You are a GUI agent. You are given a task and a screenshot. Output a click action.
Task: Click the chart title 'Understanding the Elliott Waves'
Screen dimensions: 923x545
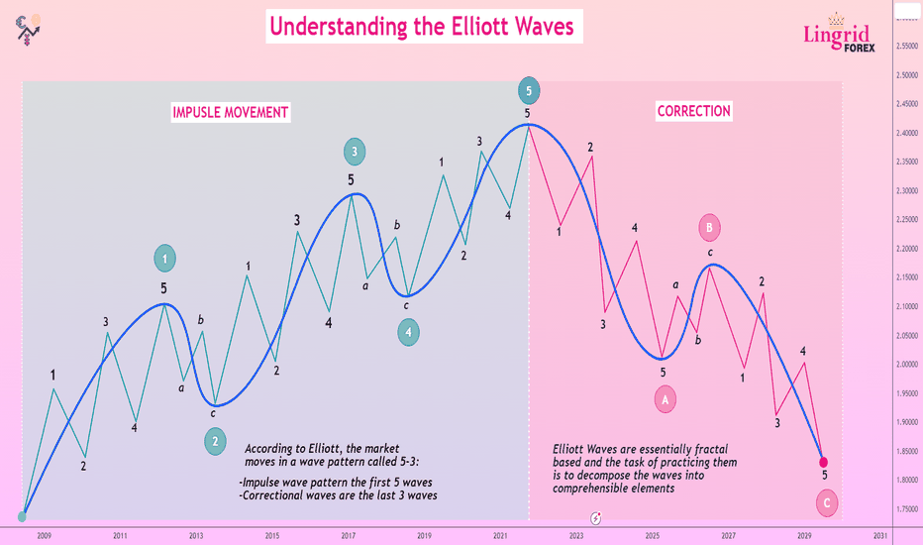tap(422, 27)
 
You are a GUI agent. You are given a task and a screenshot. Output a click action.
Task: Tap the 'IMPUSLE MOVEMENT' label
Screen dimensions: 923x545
tap(230, 112)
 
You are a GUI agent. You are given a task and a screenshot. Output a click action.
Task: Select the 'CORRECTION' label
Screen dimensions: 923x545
tap(693, 111)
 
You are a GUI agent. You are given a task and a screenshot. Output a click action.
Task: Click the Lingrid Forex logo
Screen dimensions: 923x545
tap(839, 33)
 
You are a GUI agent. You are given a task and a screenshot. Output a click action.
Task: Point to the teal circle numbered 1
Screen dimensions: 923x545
tap(164, 258)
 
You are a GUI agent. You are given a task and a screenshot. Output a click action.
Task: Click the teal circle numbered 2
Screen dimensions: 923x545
tap(215, 441)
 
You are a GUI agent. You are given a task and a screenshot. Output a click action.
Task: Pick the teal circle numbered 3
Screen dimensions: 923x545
tap(355, 152)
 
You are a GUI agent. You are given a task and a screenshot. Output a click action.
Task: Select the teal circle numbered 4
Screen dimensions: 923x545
tap(409, 332)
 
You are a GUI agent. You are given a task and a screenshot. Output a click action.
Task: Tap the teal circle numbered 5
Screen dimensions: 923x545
tap(529, 91)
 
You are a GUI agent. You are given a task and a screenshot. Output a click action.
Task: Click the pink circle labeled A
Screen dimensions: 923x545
tap(666, 400)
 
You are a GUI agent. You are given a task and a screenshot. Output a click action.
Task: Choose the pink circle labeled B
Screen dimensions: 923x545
tap(709, 228)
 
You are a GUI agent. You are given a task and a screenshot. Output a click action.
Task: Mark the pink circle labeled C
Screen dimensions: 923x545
tap(827, 503)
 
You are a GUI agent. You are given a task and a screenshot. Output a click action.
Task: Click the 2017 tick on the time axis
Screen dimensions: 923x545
tap(348, 535)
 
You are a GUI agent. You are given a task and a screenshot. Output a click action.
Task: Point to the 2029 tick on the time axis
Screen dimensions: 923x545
tap(804, 535)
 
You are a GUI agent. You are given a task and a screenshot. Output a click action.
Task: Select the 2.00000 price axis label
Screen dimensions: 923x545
tap(906, 364)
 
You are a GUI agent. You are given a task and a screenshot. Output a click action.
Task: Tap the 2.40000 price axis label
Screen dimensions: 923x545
tap(906, 133)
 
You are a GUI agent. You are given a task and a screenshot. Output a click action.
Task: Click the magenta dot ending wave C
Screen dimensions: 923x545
tap(824, 463)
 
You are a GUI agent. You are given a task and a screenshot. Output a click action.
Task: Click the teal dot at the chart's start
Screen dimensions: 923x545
tap(22, 516)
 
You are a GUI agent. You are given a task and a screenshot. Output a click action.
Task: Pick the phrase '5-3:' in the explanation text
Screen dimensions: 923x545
tap(407, 462)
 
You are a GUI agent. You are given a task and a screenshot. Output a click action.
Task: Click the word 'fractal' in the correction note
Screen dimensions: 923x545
tap(709, 449)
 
